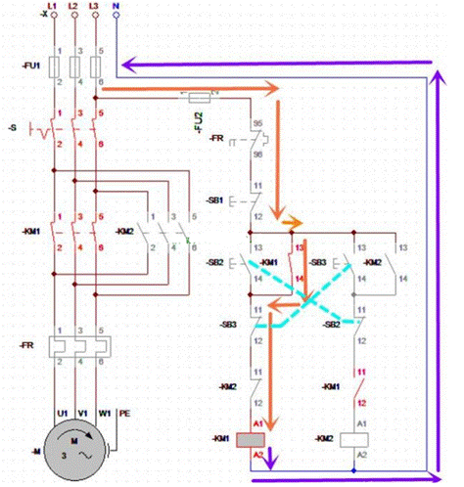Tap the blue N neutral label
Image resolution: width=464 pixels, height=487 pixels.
tap(116, 7)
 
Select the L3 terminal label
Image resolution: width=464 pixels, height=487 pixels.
tap(96, 7)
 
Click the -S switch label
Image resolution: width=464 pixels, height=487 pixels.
tap(13, 128)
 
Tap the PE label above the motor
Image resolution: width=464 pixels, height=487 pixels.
tap(124, 415)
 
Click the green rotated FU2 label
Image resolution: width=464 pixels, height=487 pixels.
tap(195, 122)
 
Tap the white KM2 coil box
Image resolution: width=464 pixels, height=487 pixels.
tap(355, 440)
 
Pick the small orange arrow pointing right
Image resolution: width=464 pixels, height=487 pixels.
tap(293, 224)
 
